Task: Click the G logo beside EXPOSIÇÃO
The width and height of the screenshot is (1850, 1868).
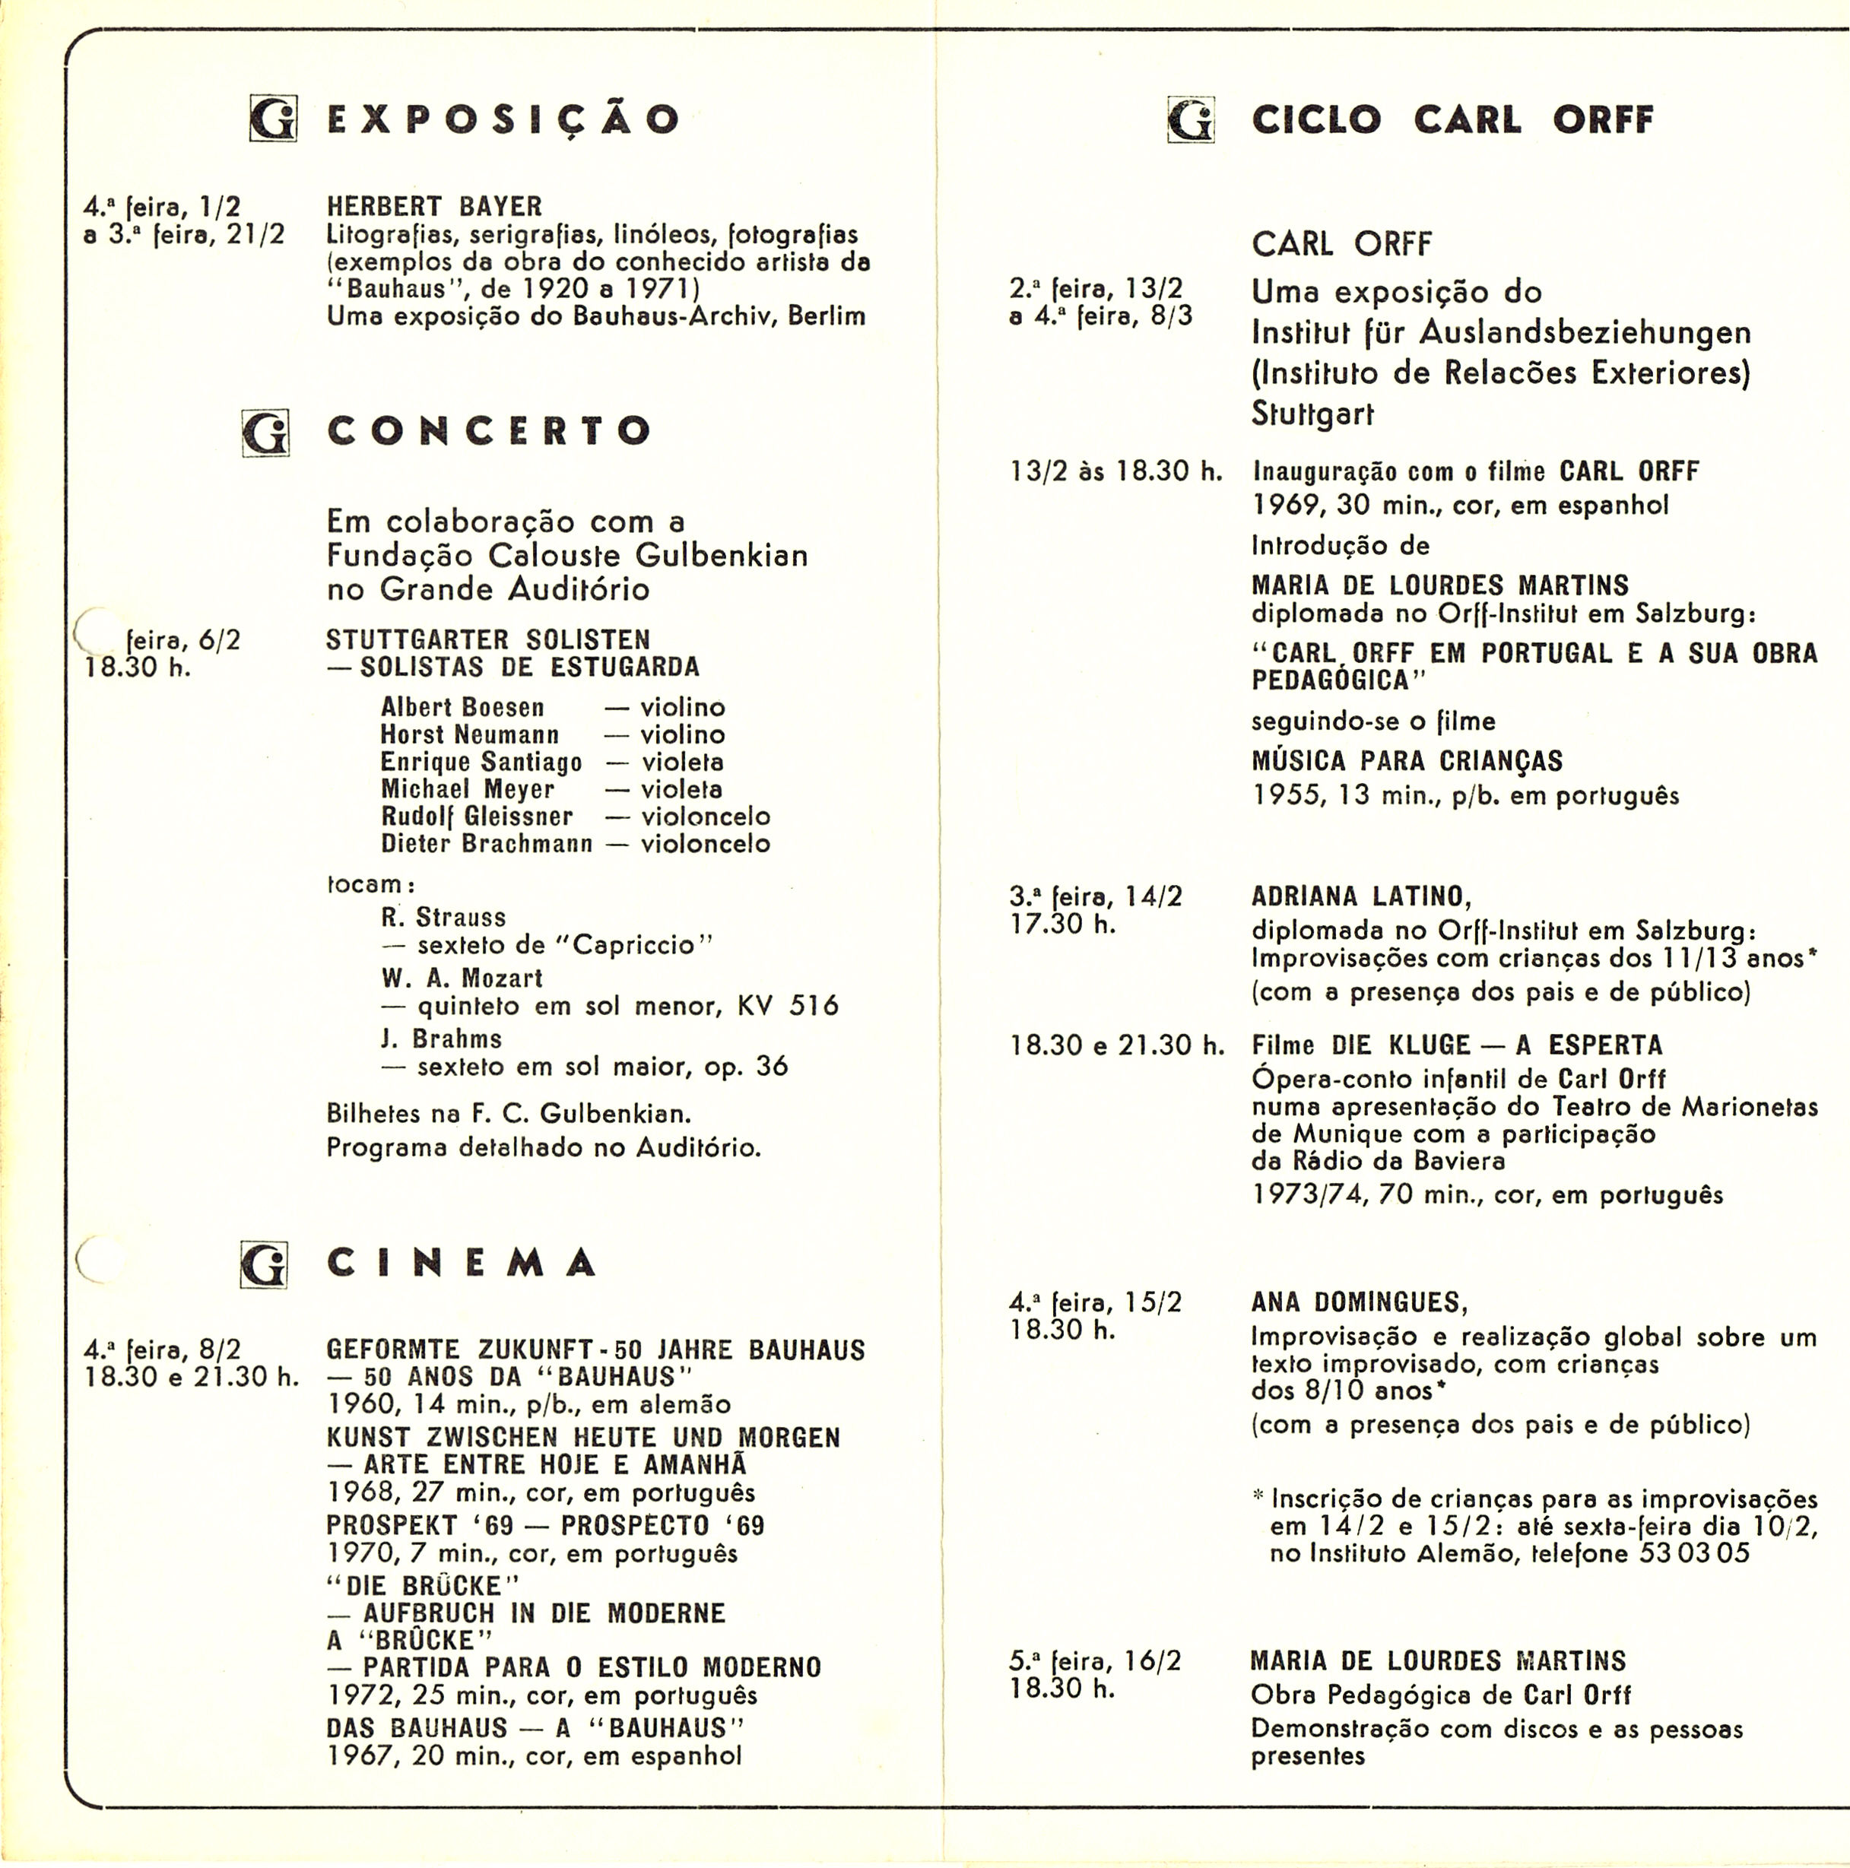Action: tap(273, 119)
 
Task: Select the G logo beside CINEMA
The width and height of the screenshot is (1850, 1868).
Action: tap(264, 1264)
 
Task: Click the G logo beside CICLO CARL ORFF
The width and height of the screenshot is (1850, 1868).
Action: tap(1191, 120)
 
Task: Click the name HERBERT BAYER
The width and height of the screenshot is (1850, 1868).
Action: tap(434, 206)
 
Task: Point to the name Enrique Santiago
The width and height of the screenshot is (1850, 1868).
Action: tap(481, 762)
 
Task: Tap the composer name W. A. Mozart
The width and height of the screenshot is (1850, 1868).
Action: tap(462, 978)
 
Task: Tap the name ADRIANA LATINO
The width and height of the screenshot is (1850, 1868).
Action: tap(1360, 896)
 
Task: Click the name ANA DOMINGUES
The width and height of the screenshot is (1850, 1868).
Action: tap(1359, 1302)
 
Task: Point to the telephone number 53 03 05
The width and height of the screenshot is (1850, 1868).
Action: tap(1694, 1554)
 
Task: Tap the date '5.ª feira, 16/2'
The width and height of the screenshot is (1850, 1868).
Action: tap(1095, 1661)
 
